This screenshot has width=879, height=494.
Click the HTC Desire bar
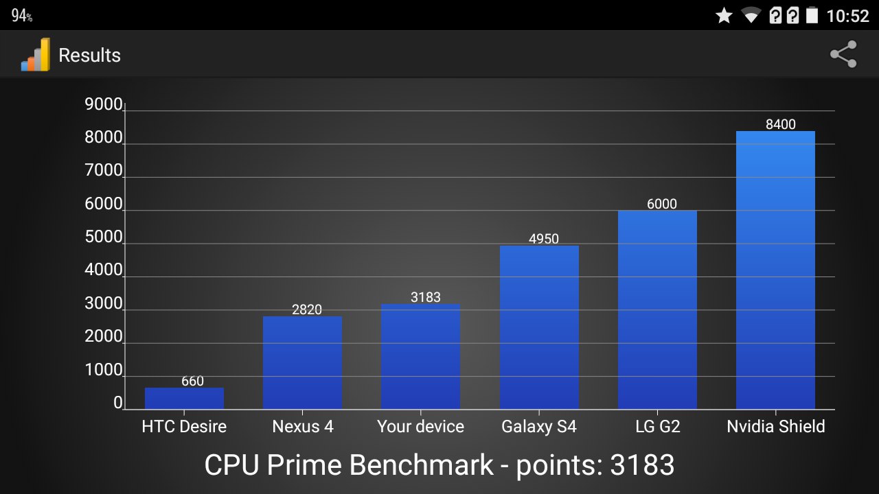pos(184,399)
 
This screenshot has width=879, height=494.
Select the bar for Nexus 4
pos(302,363)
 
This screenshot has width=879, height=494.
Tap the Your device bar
pos(420,357)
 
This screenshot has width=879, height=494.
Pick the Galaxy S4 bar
pos(539,327)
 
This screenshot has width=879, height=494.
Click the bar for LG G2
pos(657,310)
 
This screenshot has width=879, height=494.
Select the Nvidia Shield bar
pos(775,270)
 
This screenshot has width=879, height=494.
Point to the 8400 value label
pos(781,124)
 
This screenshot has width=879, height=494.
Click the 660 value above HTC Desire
pos(192,381)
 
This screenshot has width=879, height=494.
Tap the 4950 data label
pos(544,239)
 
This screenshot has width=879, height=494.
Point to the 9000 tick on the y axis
pos(103,105)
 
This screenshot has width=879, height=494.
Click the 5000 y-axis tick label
pos(103,237)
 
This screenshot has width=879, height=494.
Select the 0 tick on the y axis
pos(118,403)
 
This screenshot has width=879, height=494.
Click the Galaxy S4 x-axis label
pos(539,427)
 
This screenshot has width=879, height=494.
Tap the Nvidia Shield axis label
pos(775,427)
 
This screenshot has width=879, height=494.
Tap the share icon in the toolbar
pos(843,54)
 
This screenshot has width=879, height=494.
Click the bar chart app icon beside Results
pos(36,55)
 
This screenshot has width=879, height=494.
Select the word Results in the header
pos(89,56)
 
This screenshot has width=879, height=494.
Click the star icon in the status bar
pos(724,15)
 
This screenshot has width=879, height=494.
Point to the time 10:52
pos(848,16)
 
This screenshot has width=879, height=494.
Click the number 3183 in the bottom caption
pos(642,465)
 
